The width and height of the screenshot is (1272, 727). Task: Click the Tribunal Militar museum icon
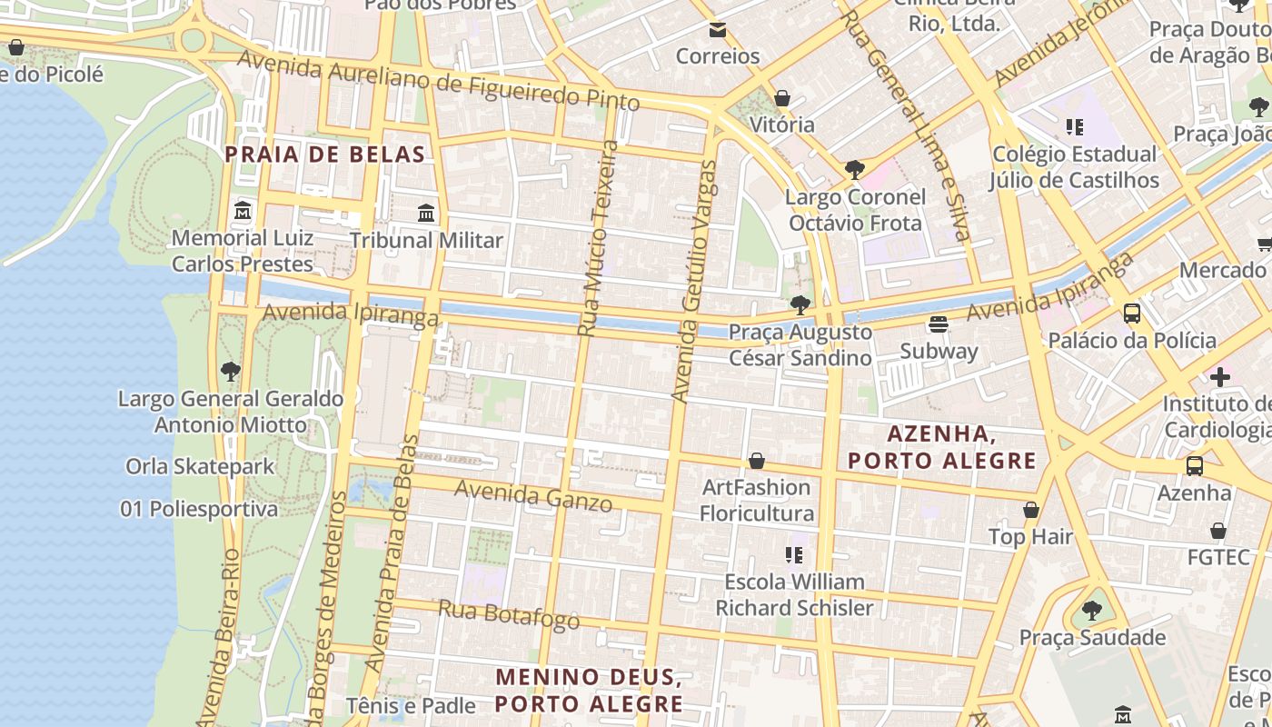click(426, 214)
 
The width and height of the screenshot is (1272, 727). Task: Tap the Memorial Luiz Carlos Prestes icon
click(243, 212)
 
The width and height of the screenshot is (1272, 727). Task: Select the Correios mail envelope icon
click(718, 30)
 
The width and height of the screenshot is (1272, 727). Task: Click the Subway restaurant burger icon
click(939, 324)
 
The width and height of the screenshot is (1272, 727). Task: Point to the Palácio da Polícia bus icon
click(1132, 314)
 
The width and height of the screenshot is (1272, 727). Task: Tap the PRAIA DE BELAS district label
click(325, 154)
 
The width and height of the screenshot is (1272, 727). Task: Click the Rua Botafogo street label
click(509, 615)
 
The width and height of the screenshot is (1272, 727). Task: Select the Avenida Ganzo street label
click(533, 495)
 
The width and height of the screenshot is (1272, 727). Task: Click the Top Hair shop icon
click(1031, 510)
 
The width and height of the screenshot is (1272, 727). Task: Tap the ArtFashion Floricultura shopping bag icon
click(757, 462)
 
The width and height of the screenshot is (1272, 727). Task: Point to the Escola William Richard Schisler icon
click(795, 554)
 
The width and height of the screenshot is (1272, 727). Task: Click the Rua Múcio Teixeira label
click(598, 238)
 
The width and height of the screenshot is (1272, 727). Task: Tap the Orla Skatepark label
click(200, 466)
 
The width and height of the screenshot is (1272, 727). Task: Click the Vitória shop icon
click(782, 98)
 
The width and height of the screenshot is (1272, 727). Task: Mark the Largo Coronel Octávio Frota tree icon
click(854, 170)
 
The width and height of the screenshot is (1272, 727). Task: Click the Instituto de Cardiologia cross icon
click(1220, 376)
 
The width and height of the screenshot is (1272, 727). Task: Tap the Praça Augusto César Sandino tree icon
click(800, 305)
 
